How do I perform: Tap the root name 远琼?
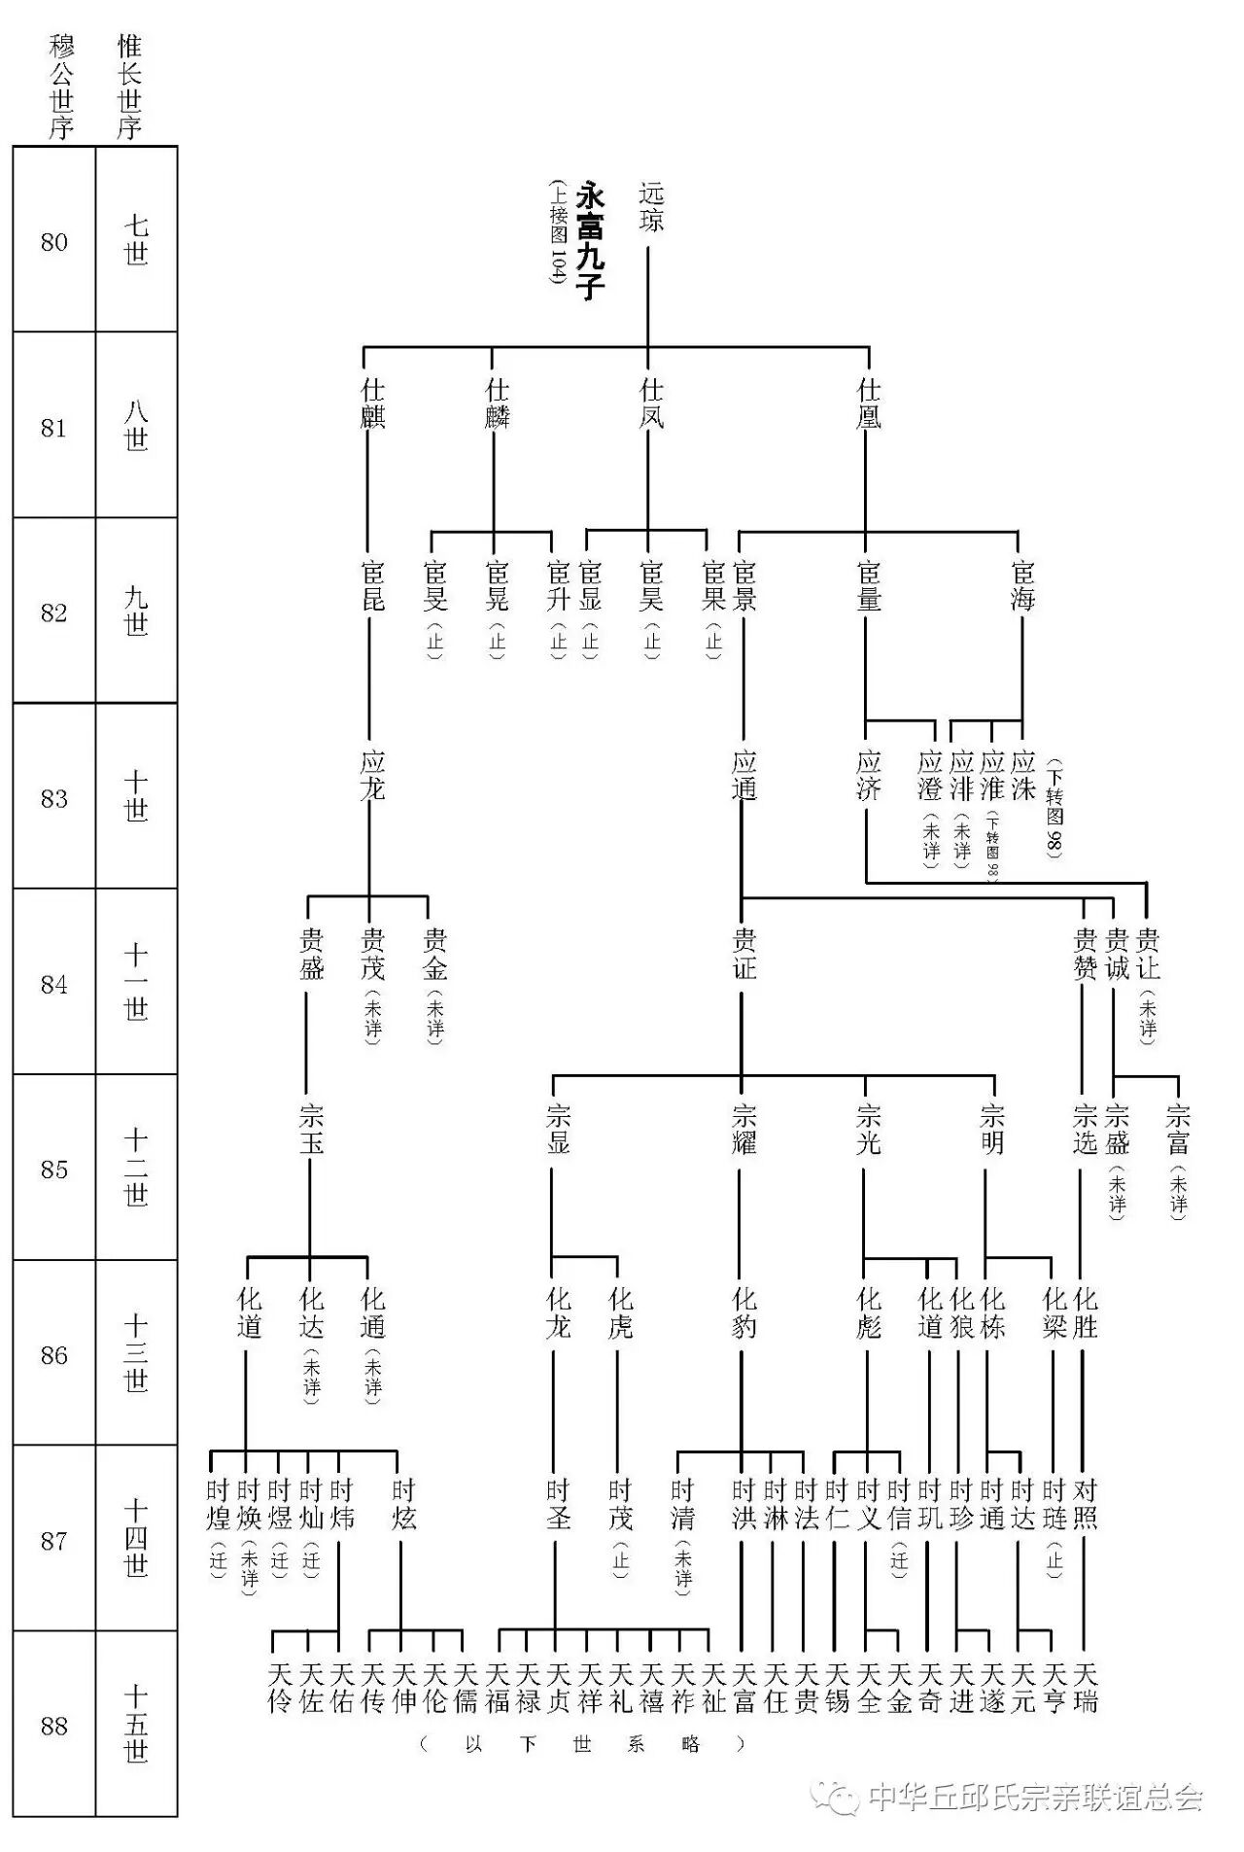coord(650,207)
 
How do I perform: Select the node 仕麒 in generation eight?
coord(372,403)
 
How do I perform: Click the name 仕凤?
coord(651,403)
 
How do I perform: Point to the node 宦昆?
coord(372,585)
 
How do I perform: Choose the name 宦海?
coord(1022,585)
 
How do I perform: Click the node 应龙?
coord(372,775)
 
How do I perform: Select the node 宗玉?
coord(311,1129)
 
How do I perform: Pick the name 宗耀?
coord(743,1129)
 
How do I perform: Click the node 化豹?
coord(743,1312)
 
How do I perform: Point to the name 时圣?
coord(558,1504)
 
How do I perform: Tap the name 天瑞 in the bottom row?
coord(1085,1688)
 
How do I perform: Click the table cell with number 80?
coord(54,241)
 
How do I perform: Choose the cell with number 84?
coord(54,984)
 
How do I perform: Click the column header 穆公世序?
coord(61,87)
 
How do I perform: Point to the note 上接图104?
coord(558,231)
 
